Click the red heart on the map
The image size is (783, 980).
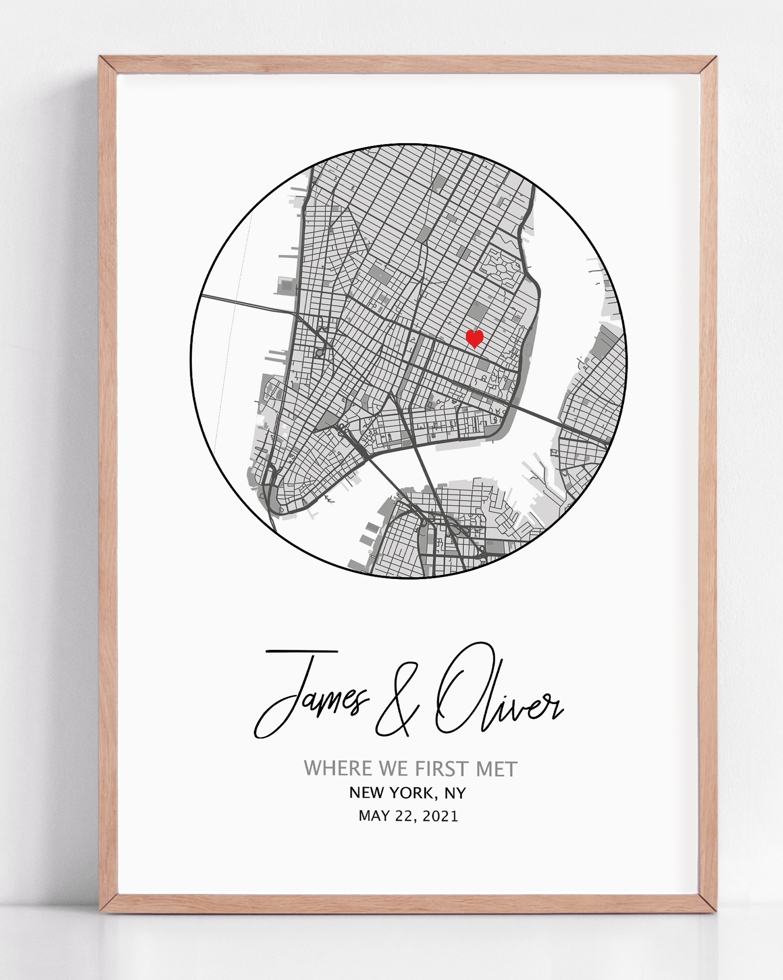point(474,338)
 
